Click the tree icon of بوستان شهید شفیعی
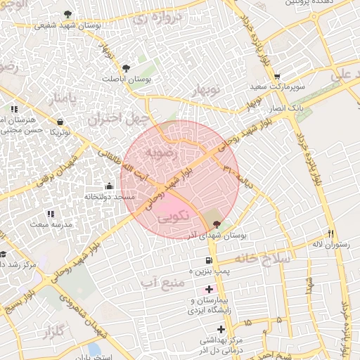click(x=67, y=14)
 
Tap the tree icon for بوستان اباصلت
click(x=126, y=68)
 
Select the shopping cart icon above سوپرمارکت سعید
click(x=277, y=77)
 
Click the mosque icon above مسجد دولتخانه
click(x=109, y=186)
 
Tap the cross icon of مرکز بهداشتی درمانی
click(x=221, y=329)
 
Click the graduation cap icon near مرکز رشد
click(x=4, y=255)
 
